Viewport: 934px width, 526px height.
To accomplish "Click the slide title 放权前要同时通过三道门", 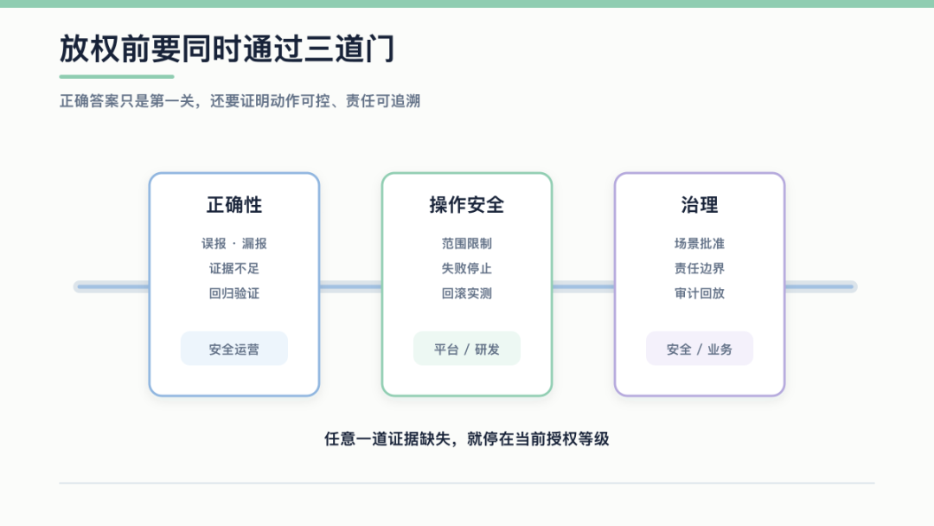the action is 227,48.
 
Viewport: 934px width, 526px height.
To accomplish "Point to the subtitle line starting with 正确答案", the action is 240,100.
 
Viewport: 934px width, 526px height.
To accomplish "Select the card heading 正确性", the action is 234,205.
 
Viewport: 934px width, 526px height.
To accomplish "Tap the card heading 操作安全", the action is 467,205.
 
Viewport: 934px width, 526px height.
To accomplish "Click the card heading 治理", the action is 700,205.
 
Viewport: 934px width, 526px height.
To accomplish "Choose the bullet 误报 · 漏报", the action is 234,244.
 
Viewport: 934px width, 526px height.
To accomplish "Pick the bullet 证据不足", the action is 234,269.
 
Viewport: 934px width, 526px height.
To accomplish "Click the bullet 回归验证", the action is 234,293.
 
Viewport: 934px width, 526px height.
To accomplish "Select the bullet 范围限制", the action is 467,244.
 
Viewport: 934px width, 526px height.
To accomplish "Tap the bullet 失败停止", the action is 467,269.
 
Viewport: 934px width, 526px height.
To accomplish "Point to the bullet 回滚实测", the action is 467,293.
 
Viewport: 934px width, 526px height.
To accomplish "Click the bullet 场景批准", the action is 700,244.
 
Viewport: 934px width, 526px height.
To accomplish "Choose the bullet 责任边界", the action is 700,269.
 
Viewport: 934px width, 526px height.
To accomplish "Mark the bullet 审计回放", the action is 700,293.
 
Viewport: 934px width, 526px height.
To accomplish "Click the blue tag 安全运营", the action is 234,349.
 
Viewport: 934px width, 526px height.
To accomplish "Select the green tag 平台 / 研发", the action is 467,349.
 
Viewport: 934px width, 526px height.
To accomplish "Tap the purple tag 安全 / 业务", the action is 700,349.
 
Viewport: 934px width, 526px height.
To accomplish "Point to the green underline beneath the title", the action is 117,76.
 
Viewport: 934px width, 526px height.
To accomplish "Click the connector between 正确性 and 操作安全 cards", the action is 351,286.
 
